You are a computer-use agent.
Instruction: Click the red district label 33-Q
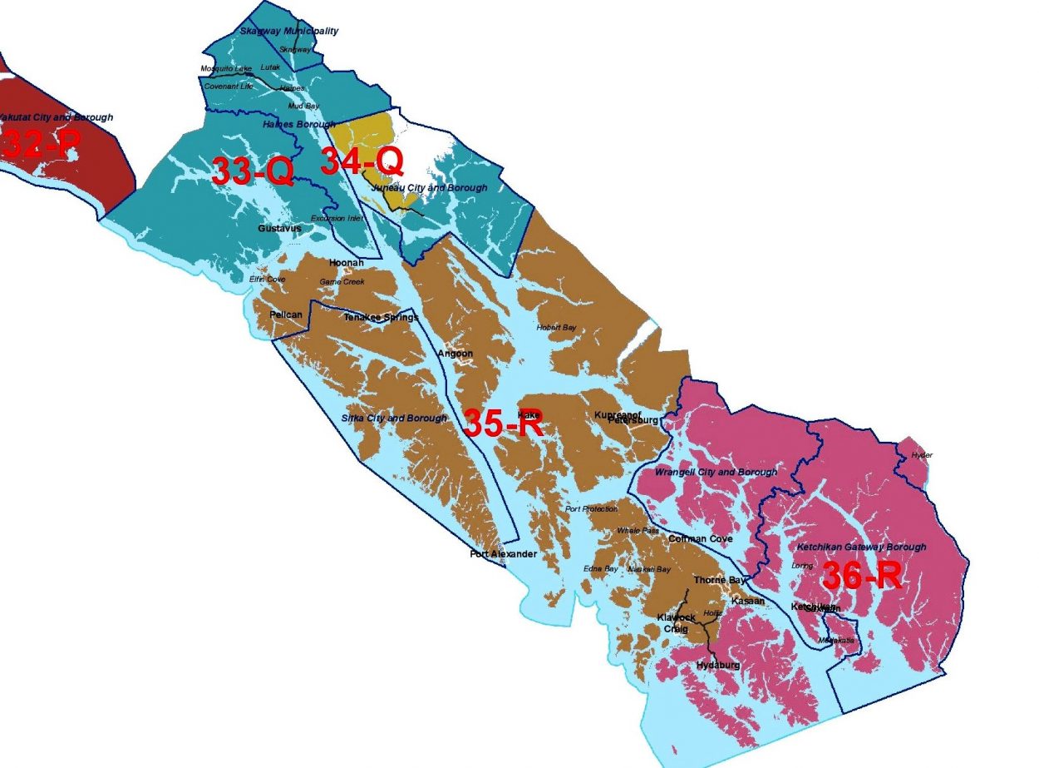point(252,172)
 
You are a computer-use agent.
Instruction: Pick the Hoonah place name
point(347,263)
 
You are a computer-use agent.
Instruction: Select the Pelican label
point(286,315)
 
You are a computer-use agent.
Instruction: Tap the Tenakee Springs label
point(382,317)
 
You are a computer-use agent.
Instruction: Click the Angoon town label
point(455,354)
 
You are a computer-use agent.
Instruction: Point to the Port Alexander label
point(504,554)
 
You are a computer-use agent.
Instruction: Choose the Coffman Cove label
point(701,539)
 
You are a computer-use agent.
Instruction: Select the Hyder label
point(921,455)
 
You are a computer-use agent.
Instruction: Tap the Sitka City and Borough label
point(395,418)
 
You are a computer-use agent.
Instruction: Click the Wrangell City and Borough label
point(716,472)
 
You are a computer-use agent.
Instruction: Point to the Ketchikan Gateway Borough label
point(861,548)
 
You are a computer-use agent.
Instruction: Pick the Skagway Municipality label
point(288,32)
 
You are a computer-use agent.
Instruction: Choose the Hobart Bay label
point(556,327)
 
